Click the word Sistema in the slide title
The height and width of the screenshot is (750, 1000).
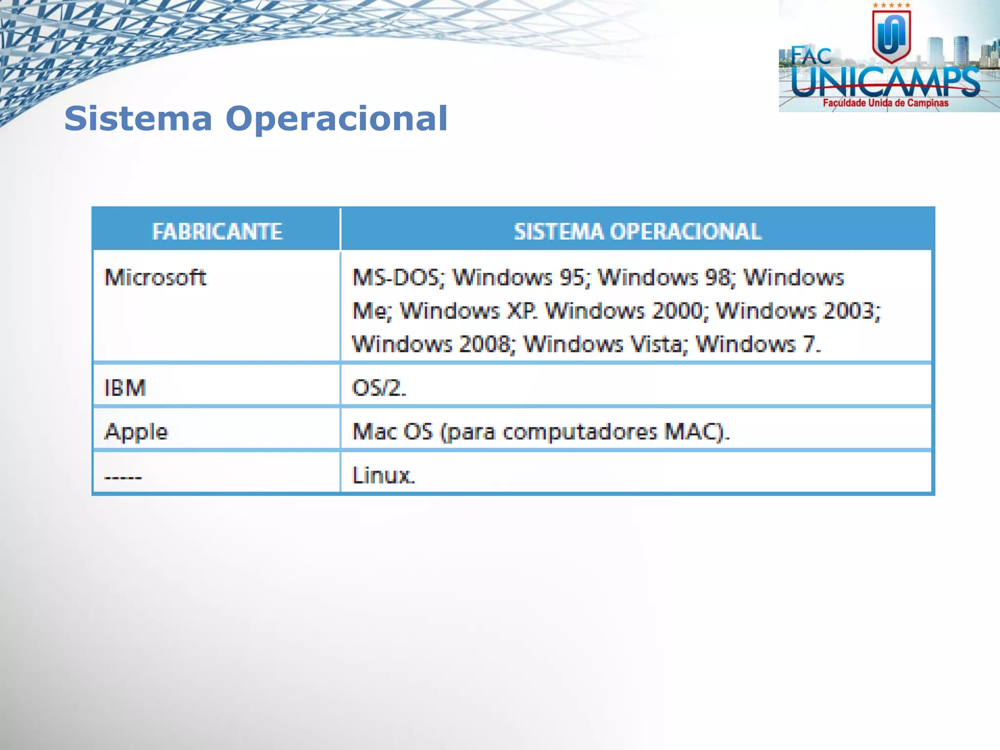point(138,119)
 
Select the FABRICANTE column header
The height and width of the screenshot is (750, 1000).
point(217,231)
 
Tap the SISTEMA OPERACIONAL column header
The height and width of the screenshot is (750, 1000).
point(637,231)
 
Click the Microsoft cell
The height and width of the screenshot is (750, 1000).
point(155,277)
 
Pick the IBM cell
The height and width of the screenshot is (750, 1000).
point(125,388)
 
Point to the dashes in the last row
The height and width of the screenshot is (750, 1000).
point(123,477)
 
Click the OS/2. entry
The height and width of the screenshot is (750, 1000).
point(379,388)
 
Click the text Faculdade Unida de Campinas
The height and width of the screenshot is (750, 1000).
point(885,103)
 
